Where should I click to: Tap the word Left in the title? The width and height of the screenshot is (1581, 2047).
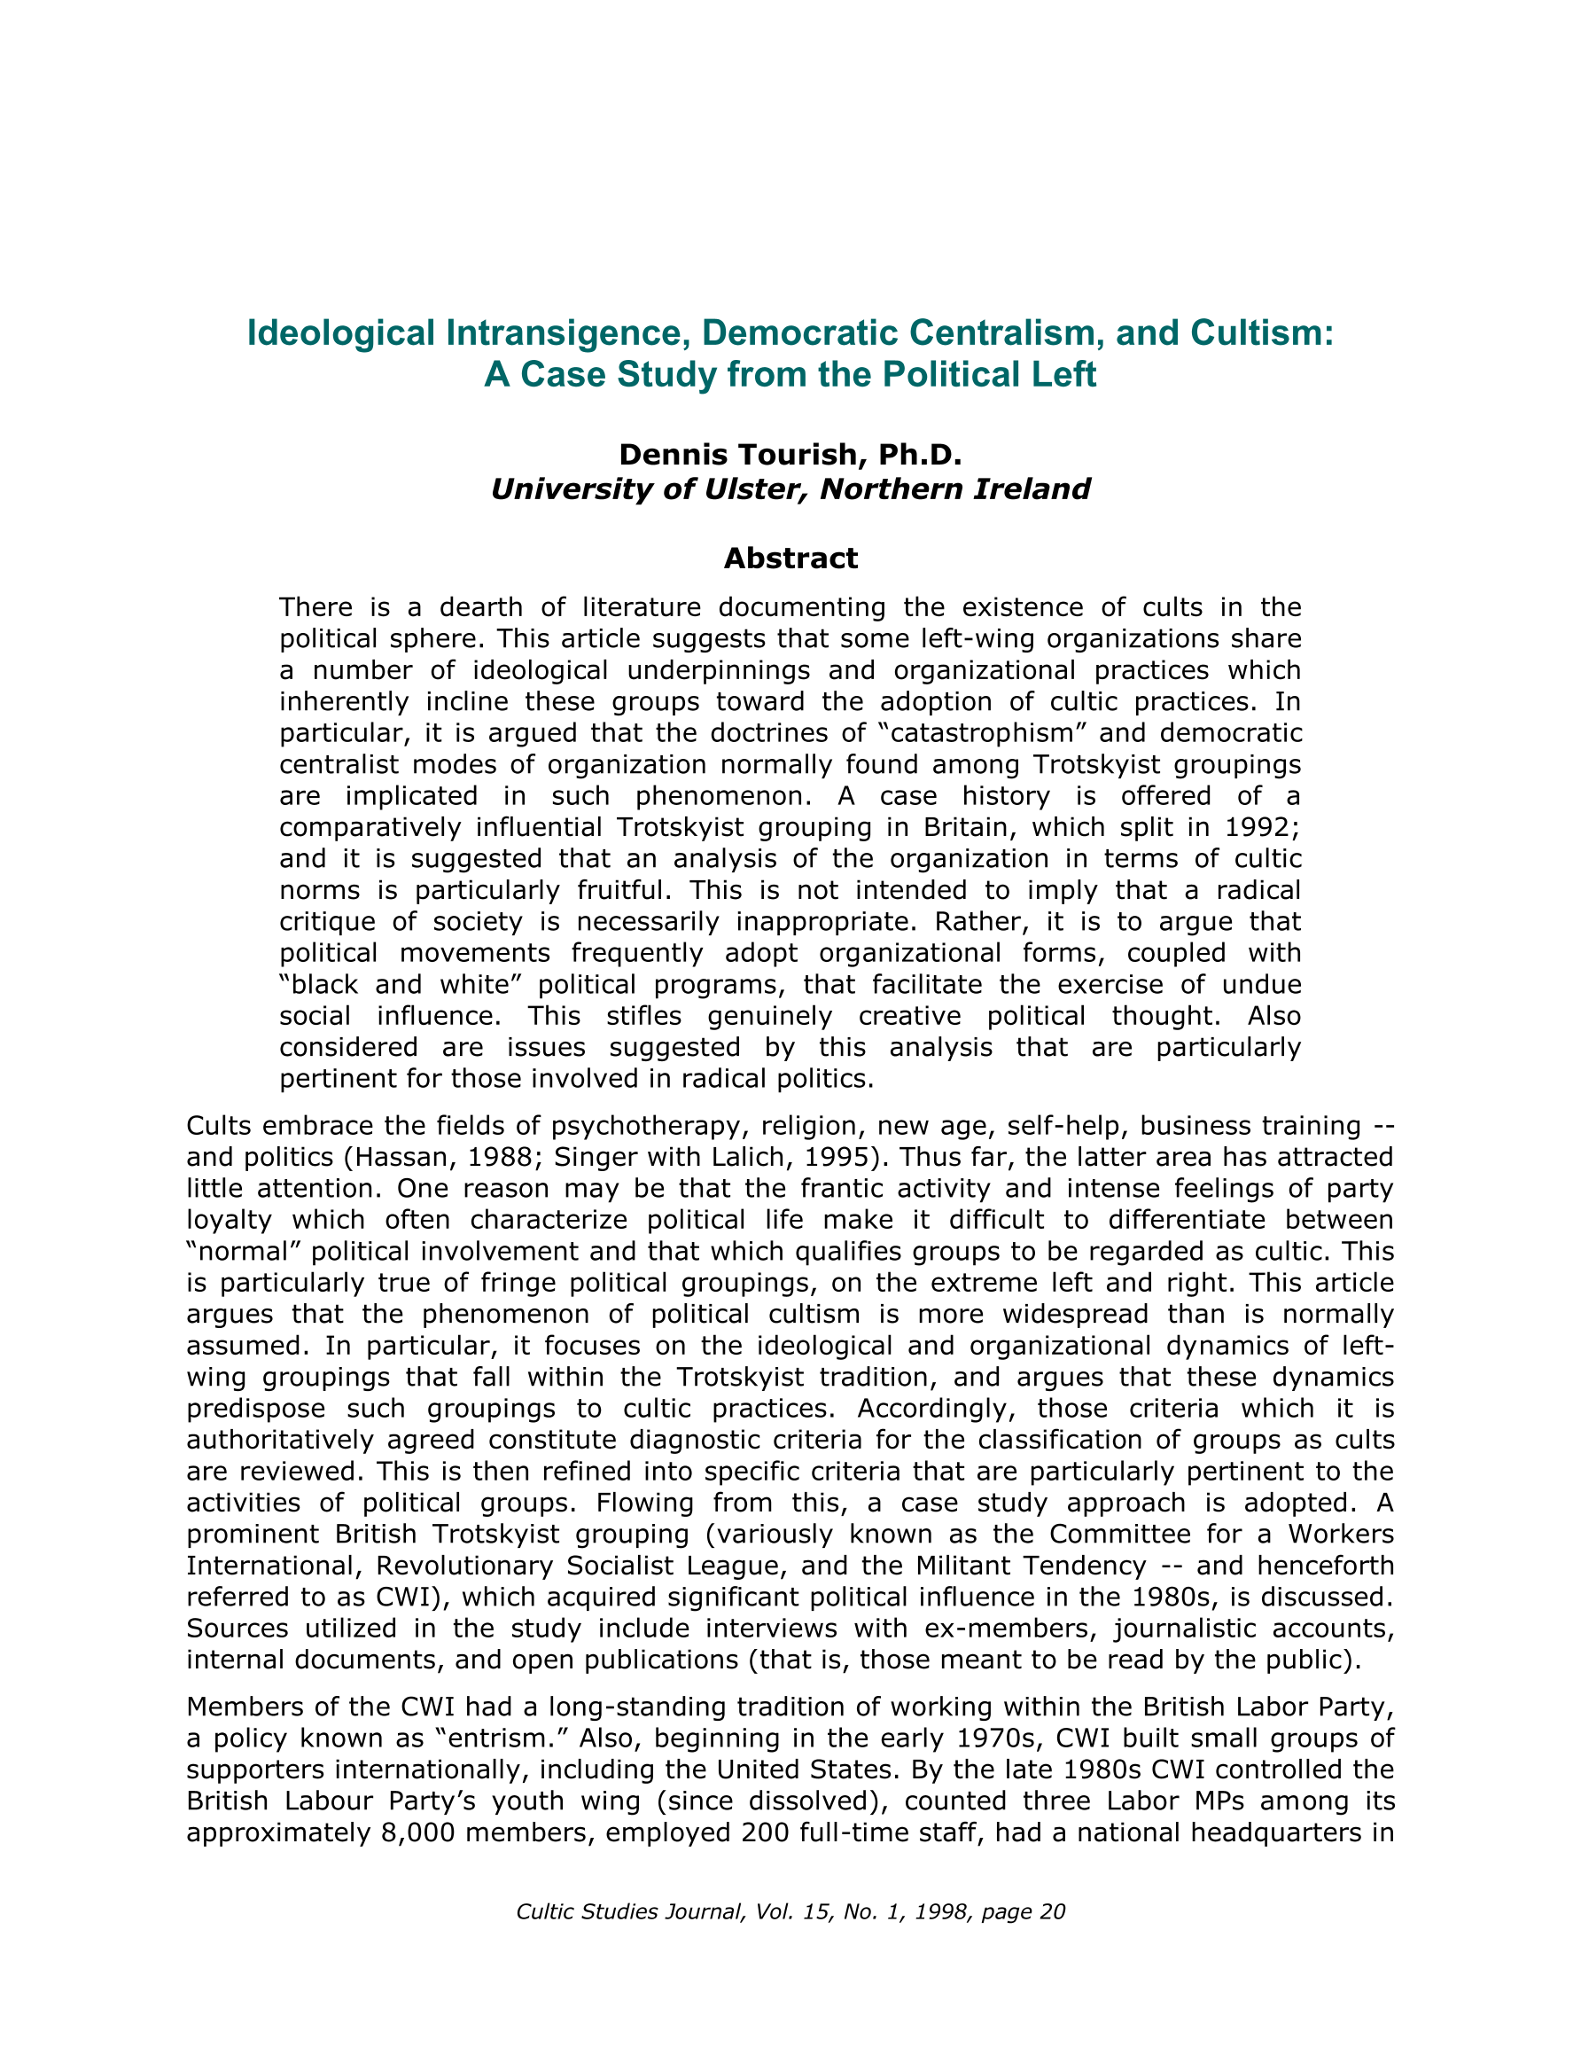coord(1062,374)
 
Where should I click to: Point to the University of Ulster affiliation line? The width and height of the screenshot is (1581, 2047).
coord(790,489)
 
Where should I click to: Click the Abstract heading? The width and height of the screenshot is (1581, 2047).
coord(790,559)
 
